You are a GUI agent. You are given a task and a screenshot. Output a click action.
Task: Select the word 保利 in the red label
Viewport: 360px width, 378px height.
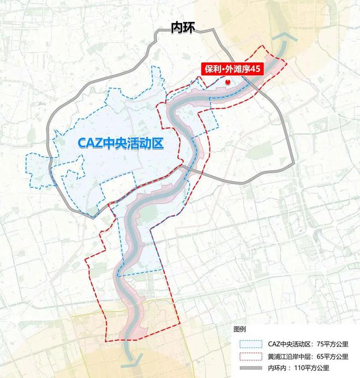click(x=213, y=69)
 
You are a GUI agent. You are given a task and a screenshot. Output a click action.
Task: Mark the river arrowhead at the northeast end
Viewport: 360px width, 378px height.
click(x=285, y=39)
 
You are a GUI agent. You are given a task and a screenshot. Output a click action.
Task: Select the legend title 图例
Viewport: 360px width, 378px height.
click(x=239, y=329)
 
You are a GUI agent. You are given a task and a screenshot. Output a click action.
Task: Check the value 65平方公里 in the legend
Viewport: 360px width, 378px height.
click(x=332, y=357)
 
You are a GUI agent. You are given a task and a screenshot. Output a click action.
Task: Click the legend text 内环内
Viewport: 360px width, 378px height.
click(x=278, y=369)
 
